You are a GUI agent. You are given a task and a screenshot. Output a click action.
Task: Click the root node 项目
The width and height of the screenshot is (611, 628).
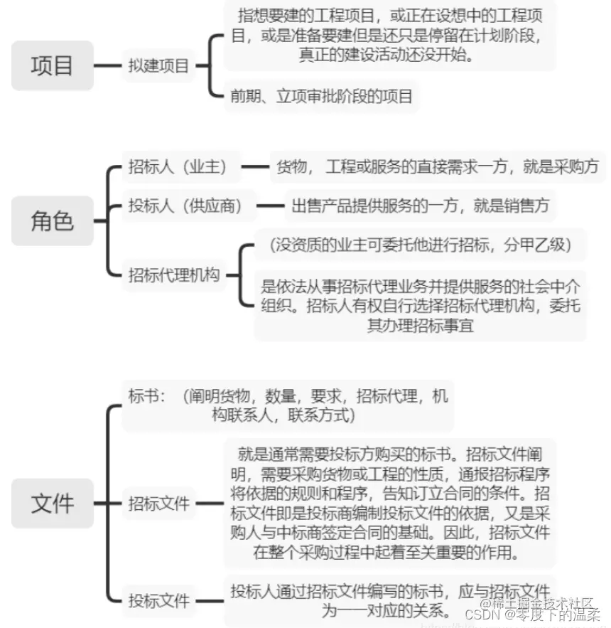pos(52,66)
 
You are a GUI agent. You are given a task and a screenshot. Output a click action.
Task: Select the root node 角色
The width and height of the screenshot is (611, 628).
pos(52,220)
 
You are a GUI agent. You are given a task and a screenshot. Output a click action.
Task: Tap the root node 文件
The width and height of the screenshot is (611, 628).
pos(52,504)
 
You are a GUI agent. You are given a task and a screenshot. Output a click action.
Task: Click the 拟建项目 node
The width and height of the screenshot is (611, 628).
pos(158,67)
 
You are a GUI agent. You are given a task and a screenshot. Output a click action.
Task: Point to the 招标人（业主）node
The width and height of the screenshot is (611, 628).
pos(178,167)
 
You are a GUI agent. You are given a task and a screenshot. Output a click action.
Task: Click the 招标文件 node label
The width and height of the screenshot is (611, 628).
pos(159,504)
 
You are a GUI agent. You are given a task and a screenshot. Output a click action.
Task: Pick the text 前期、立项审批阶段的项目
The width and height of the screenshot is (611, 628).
pos(320,96)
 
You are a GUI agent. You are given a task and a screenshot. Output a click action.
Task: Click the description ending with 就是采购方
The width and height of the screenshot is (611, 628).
pos(438,167)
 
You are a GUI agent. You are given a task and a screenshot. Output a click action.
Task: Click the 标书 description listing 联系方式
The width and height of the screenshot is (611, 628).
pos(288,405)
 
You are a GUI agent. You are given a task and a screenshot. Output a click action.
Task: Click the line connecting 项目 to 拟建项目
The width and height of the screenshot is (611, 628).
pos(108,67)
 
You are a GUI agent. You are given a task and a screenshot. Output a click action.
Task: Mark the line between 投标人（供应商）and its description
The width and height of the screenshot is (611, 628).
pos(270,206)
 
